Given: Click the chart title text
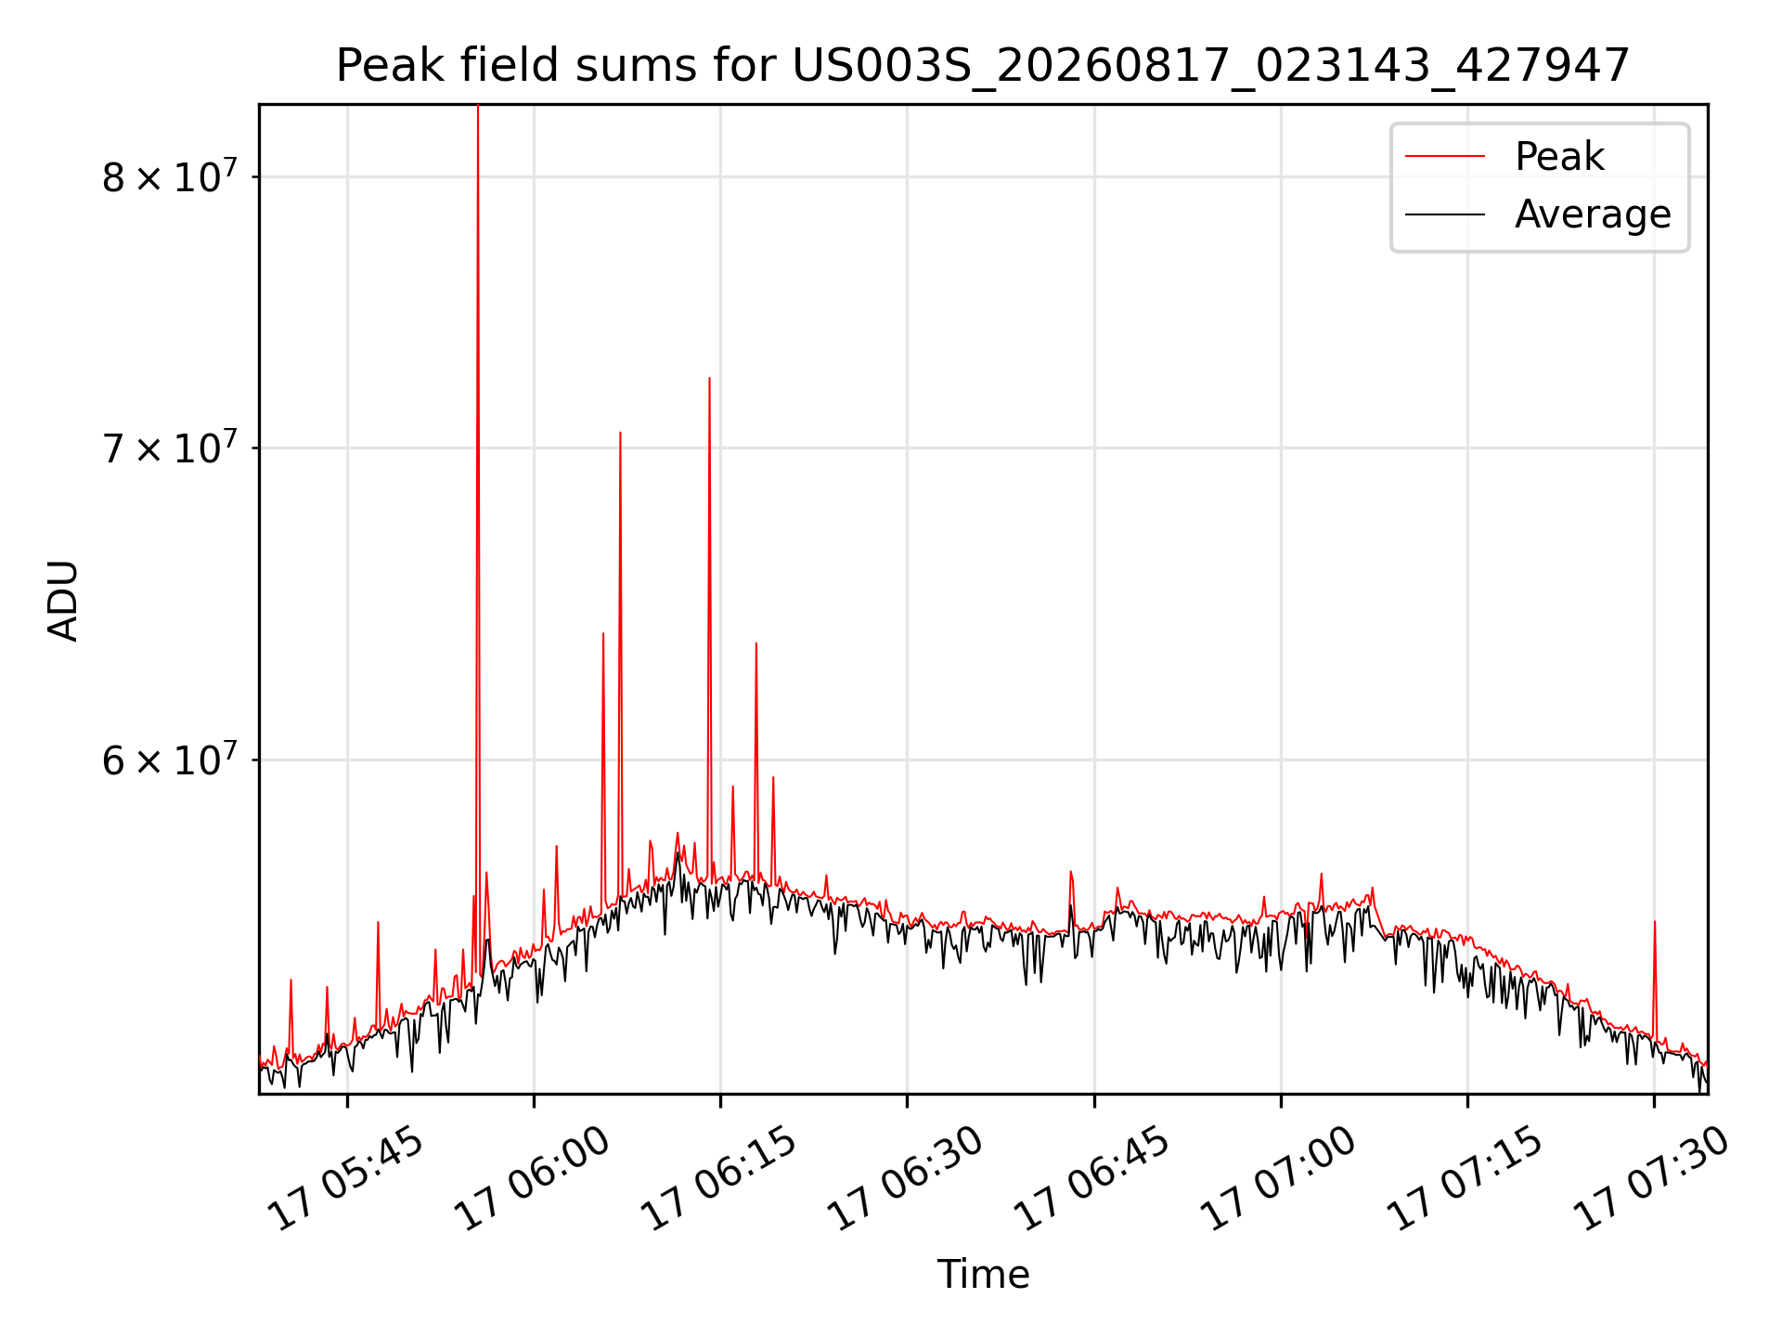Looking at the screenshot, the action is [x=983, y=66].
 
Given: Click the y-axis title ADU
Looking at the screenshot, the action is [x=63, y=600].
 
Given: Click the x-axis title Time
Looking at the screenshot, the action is [x=983, y=1274].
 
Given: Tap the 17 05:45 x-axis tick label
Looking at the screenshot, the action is [x=345, y=1179].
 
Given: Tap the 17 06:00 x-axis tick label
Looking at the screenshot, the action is [x=532, y=1179].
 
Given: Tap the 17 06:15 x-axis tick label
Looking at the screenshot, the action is [x=719, y=1179].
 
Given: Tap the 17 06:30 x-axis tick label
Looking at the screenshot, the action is [x=905, y=1179].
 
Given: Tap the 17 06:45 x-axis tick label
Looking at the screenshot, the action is [x=1092, y=1179].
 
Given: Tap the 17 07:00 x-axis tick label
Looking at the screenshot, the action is [x=1279, y=1179].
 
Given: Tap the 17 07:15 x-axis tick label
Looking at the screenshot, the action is [x=1466, y=1179].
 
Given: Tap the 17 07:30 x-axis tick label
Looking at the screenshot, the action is [x=1652, y=1179].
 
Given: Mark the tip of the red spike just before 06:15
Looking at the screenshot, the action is [x=709, y=378].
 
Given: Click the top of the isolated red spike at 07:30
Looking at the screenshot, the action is [x=1654, y=922].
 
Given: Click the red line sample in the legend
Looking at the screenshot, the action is [x=1444, y=156].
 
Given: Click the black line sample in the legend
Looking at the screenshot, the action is [x=1444, y=214].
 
